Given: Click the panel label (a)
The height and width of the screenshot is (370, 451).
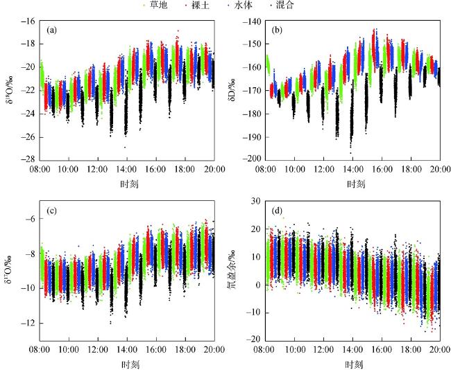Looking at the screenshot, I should (52, 30).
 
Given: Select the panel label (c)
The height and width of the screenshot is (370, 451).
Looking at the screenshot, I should (52, 212).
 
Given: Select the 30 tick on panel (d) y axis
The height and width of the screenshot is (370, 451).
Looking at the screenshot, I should (256, 202).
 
